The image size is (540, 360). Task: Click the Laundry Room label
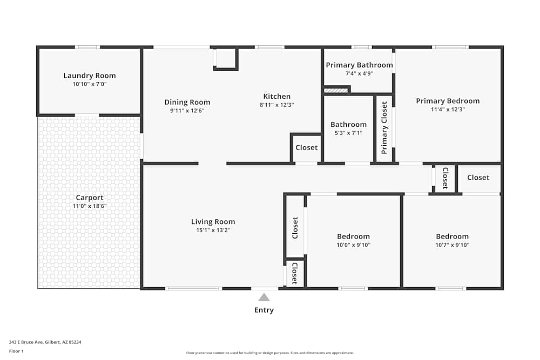(90, 76)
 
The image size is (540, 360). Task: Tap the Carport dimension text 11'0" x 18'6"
(89, 206)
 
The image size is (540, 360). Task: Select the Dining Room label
(187, 102)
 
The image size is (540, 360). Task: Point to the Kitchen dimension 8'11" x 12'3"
(276, 105)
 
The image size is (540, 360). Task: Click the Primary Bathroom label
(359, 65)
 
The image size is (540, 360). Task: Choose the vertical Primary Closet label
(384, 128)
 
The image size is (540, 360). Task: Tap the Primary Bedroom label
(448, 101)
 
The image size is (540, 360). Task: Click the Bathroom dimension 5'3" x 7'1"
(348, 133)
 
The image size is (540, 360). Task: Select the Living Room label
(213, 221)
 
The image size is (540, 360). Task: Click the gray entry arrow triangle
(264, 297)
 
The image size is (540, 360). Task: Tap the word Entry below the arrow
(264, 310)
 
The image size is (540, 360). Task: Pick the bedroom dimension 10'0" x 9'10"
(354, 244)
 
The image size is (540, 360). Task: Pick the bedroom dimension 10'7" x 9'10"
(453, 244)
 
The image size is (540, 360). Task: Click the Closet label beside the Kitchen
(307, 147)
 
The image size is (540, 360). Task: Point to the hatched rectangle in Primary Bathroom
(336, 90)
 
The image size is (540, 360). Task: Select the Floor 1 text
(16, 351)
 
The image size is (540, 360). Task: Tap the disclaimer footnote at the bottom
(270, 353)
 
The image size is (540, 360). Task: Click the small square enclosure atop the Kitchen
(226, 58)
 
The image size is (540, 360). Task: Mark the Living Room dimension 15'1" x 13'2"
(213, 230)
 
